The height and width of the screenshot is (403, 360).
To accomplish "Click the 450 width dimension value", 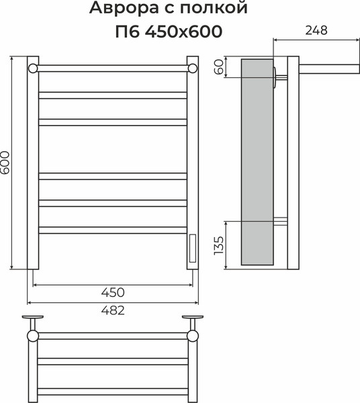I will (x=114, y=292).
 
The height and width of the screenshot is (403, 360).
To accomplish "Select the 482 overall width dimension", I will (x=114, y=310).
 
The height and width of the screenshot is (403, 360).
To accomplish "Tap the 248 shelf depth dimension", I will (x=315, y=31).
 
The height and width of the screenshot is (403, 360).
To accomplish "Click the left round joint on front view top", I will (x=32, y=68).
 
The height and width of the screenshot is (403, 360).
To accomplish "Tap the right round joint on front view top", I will (x=193, y=68).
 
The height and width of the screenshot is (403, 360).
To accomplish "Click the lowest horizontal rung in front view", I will (x=113, y=230).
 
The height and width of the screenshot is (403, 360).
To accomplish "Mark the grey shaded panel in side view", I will (x=256, y=161).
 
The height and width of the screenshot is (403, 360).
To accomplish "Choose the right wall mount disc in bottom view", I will (x=193, y=317).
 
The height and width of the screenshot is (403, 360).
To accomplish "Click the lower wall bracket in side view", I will (x=281, y=222).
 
